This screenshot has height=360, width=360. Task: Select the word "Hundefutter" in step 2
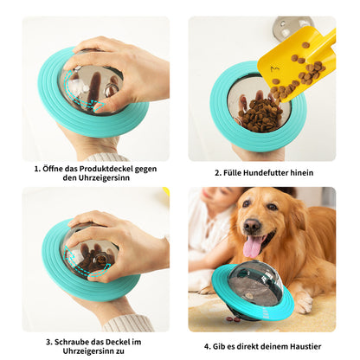point(265,172)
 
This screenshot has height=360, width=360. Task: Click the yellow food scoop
point(294,66)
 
